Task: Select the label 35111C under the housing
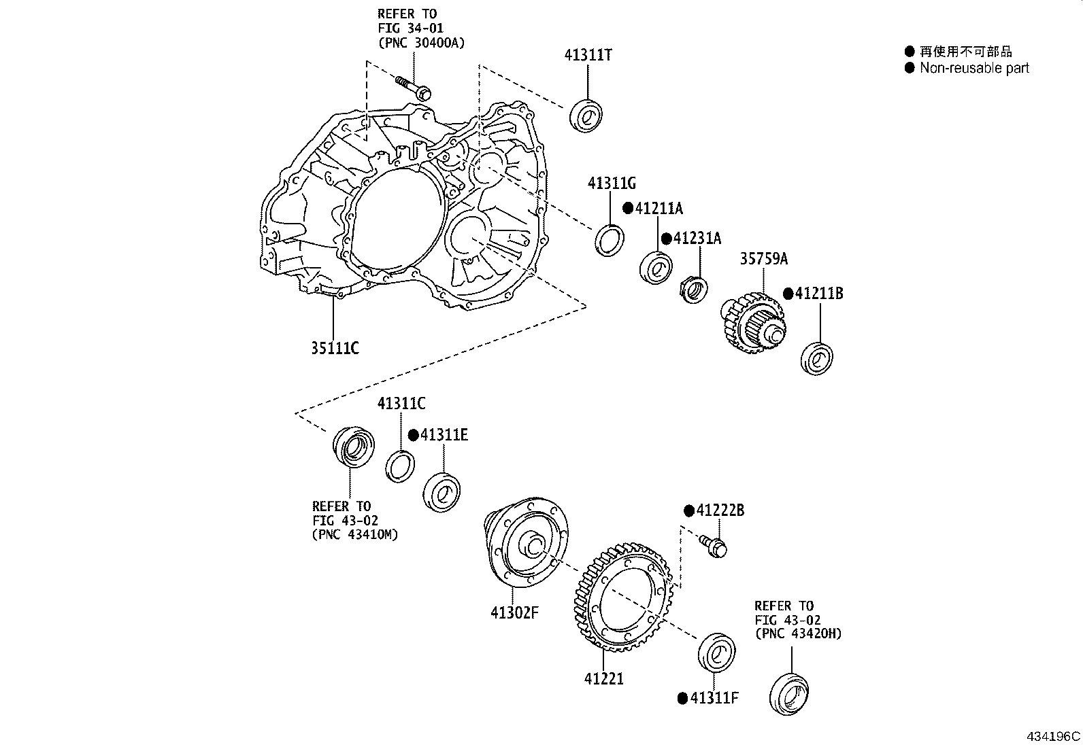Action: [x=335, y=349]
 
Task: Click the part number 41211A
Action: [x=658, y=209]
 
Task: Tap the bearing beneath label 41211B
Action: [x=817, y=359]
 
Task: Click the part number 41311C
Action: [x=401, y=404]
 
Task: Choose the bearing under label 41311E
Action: [x=442, y=491]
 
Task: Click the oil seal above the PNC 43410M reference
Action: [x=353, y=448]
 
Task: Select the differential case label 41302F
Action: [x=514, y=612]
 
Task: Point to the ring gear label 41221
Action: [x=603, y=678]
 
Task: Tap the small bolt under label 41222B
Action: [x=713, y=546]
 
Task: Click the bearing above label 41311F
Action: [x=716, y=653]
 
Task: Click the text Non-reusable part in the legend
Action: [x=973, y=68]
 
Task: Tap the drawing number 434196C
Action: [x=1053, y=736]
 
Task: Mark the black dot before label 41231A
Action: [x=667, y=239]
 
